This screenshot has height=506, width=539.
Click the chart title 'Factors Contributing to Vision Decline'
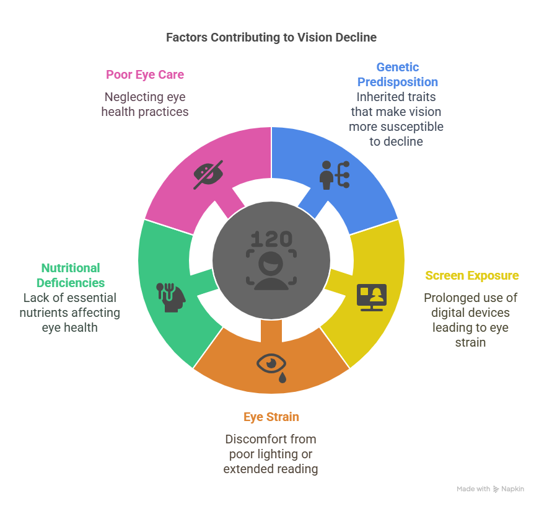271,37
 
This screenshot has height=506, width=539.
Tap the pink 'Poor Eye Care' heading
145,74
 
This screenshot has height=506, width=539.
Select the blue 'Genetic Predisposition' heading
397,74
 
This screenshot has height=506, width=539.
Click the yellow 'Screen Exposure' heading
471,275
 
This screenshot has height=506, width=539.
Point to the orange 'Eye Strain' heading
271,417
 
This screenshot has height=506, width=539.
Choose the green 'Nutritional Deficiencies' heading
70,275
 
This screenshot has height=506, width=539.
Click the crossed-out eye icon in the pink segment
208,174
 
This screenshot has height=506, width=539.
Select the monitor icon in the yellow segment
372,297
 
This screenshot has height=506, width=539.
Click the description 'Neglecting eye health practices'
145,104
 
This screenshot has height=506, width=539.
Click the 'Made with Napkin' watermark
490,489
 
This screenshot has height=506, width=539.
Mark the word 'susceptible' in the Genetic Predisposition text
413,126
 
